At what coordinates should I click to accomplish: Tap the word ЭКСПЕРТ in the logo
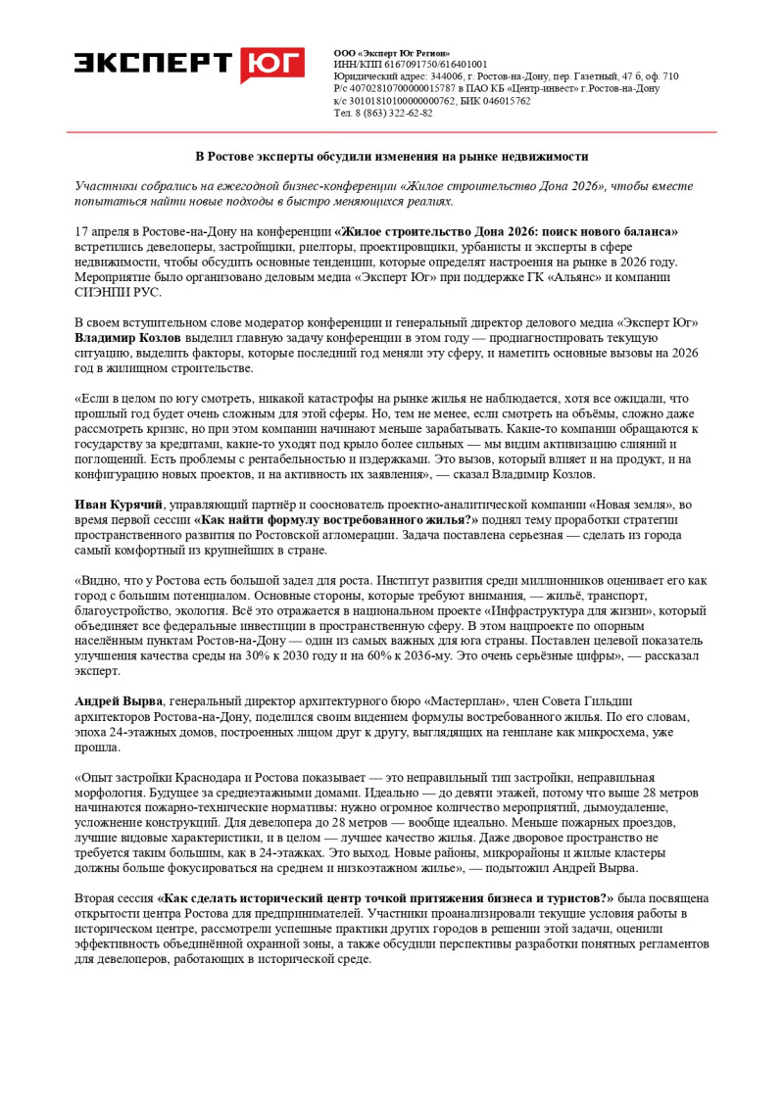(x=154, y=63)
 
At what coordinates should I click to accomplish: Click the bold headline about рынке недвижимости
(x=391, y=157)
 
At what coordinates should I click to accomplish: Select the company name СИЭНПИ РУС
(x=118, y=292)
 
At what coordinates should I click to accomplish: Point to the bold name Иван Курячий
(x=119, y=505)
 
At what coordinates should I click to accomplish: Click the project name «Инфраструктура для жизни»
(x=555, y=609)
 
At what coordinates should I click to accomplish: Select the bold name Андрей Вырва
(x=120, y=700)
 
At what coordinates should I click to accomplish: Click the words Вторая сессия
(x=113, y=897)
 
